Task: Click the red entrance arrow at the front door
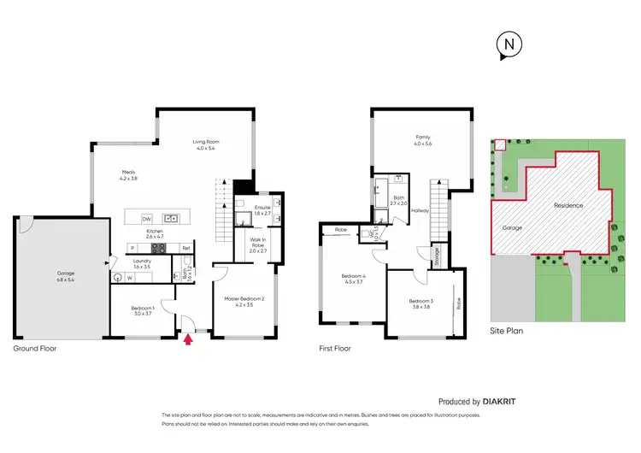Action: coord(189,340)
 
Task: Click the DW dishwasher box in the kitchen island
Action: coord(146,218)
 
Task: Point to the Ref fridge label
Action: coord(185,249)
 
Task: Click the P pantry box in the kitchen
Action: coord(132,249)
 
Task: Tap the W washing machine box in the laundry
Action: coord(130,277)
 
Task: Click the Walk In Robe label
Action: coord(258,243)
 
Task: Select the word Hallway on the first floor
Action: coord(420,210)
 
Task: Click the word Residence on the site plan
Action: coord(568,205)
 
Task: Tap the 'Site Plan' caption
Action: coord(506,330)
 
